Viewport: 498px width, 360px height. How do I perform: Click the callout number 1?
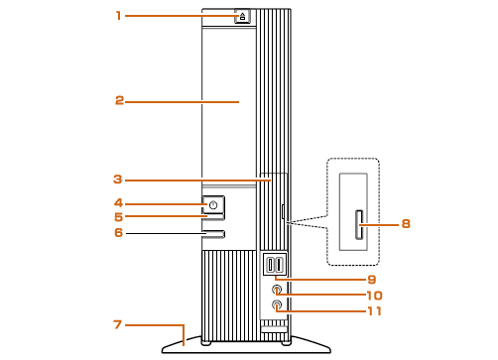click(x=119, y=15)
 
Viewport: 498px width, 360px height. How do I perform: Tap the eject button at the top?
click(x=242, y=16)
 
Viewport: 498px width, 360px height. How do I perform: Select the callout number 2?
click(x=119, y=100)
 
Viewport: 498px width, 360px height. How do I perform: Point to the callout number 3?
click(x=118, y=180)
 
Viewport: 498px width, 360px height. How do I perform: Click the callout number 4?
click(x=119, y=202)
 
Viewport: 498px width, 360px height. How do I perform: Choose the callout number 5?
click(x=119, y=217)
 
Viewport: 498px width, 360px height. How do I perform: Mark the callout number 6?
click(x=119, y=233)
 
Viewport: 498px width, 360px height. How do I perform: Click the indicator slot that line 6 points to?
click(x=214, y=234)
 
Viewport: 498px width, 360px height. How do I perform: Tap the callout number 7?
click(x=118, y=324)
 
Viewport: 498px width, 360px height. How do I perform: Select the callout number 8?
click(x=406, y=224)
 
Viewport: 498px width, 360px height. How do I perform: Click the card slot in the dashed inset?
click(x=359, y=225)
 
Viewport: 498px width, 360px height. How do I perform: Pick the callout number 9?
click(x=372, y=280)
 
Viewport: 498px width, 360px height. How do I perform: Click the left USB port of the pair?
click(x=271, y=265)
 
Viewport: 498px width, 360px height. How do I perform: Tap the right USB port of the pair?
click(x=280, y=265)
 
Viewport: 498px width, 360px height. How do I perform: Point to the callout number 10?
click(x=375, y=296)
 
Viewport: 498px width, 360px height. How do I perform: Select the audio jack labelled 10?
click(x=277, y=290)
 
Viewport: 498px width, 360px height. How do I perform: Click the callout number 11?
click(x=375, y=311)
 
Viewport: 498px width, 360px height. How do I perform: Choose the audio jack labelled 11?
click(x=277, y=304)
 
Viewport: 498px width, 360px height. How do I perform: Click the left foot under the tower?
click(x=206, y=343)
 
